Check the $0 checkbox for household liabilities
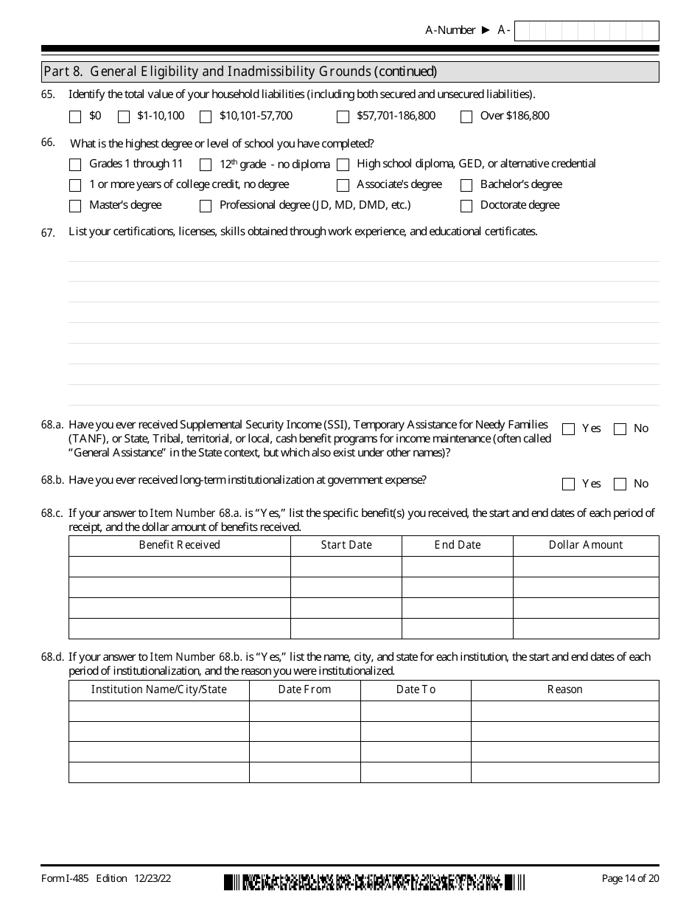pos(75,117)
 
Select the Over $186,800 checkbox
pos(466,117)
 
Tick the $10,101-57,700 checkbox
pos(206,117)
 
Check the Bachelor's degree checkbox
pos(466,185)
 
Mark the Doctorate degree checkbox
pos(466,206)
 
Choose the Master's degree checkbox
pos(75,206)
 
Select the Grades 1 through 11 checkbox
pos(75,164)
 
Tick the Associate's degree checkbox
pos(343,185)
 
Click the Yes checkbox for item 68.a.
pos(568,429)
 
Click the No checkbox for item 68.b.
pos(620,484)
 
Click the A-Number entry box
pos(587,31)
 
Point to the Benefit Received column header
pos(179,545)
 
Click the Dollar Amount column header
pos(586,545)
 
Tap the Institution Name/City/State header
pos(158,689)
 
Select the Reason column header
pos(564,689)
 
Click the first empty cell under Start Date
pos(346,566)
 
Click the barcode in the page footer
pos(375,882)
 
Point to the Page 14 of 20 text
pos(630,878)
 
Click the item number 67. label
pos(48,232)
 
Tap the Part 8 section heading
pos(240,72)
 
